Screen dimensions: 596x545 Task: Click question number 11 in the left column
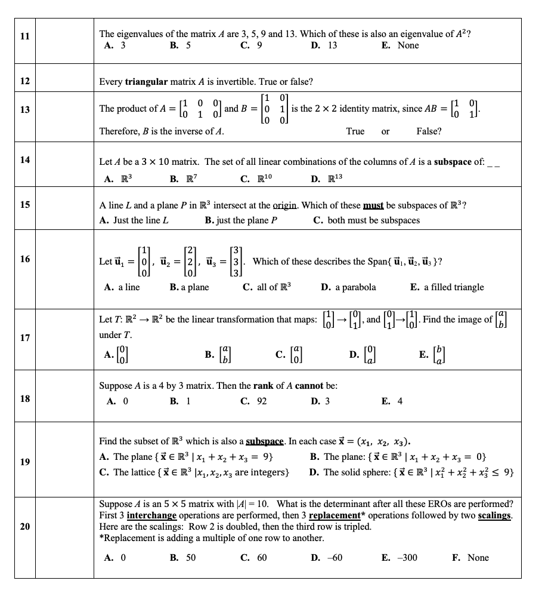[x=24, y=35]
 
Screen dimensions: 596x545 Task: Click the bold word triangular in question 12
[x=146, y=81]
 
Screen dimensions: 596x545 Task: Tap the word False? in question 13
[x=429, y=131]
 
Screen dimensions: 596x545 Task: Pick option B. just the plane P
[x=241, y=220]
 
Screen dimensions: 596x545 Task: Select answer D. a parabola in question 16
[x=348, y=287]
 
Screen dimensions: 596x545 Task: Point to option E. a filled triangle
[x=447, y=287]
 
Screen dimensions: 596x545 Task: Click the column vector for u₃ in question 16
[x=237, y=262]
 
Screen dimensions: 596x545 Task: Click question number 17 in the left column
[x=24, y=337]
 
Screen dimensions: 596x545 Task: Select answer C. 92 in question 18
[x=253, y=401]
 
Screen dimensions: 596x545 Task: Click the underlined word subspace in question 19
[x=265, y=441]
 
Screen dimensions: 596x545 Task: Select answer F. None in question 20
[x=470, y=558]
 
